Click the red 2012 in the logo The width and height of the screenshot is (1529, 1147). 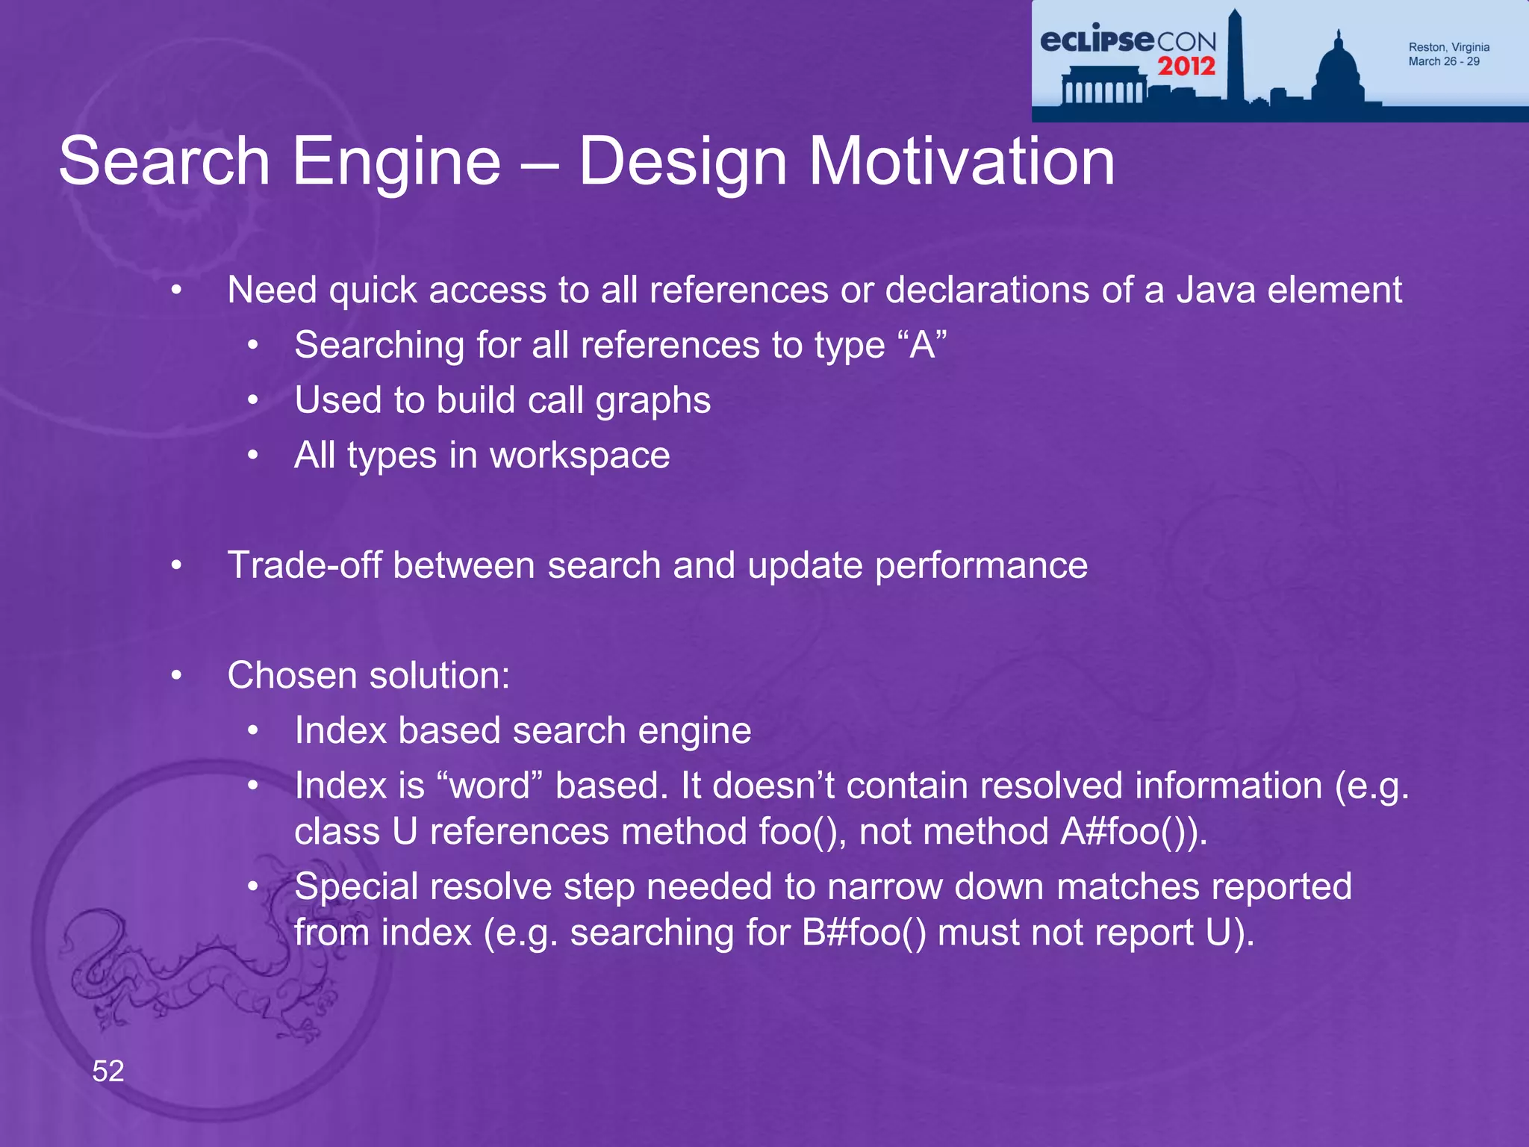click(x=1186, y=66)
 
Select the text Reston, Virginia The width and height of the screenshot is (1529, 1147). click(x=1448, y=47)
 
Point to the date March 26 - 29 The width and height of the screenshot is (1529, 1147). click(x=1443, y=62)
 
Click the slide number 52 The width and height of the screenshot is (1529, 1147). click(x=108, y=1072)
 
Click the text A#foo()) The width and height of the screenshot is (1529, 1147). click(x=1133, y=831)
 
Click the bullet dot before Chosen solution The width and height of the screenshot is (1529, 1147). click(x=176, y=676)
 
